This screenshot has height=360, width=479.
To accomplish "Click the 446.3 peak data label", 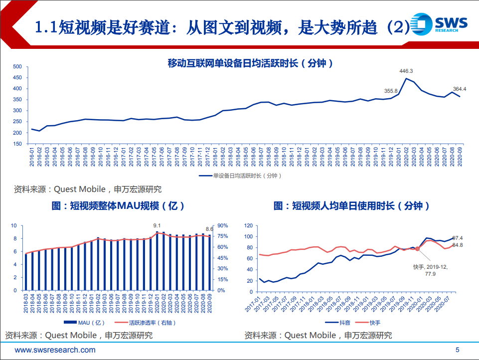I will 407,71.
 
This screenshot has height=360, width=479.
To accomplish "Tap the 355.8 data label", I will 391,91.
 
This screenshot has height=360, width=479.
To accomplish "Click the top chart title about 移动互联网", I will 250,63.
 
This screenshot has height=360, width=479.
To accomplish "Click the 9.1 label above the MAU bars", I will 158,226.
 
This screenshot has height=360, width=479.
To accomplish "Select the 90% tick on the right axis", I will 222,225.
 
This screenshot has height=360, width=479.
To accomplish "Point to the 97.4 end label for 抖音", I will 458,238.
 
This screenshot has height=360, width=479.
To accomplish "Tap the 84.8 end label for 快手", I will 458,245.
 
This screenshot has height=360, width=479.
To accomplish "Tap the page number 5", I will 457,350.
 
